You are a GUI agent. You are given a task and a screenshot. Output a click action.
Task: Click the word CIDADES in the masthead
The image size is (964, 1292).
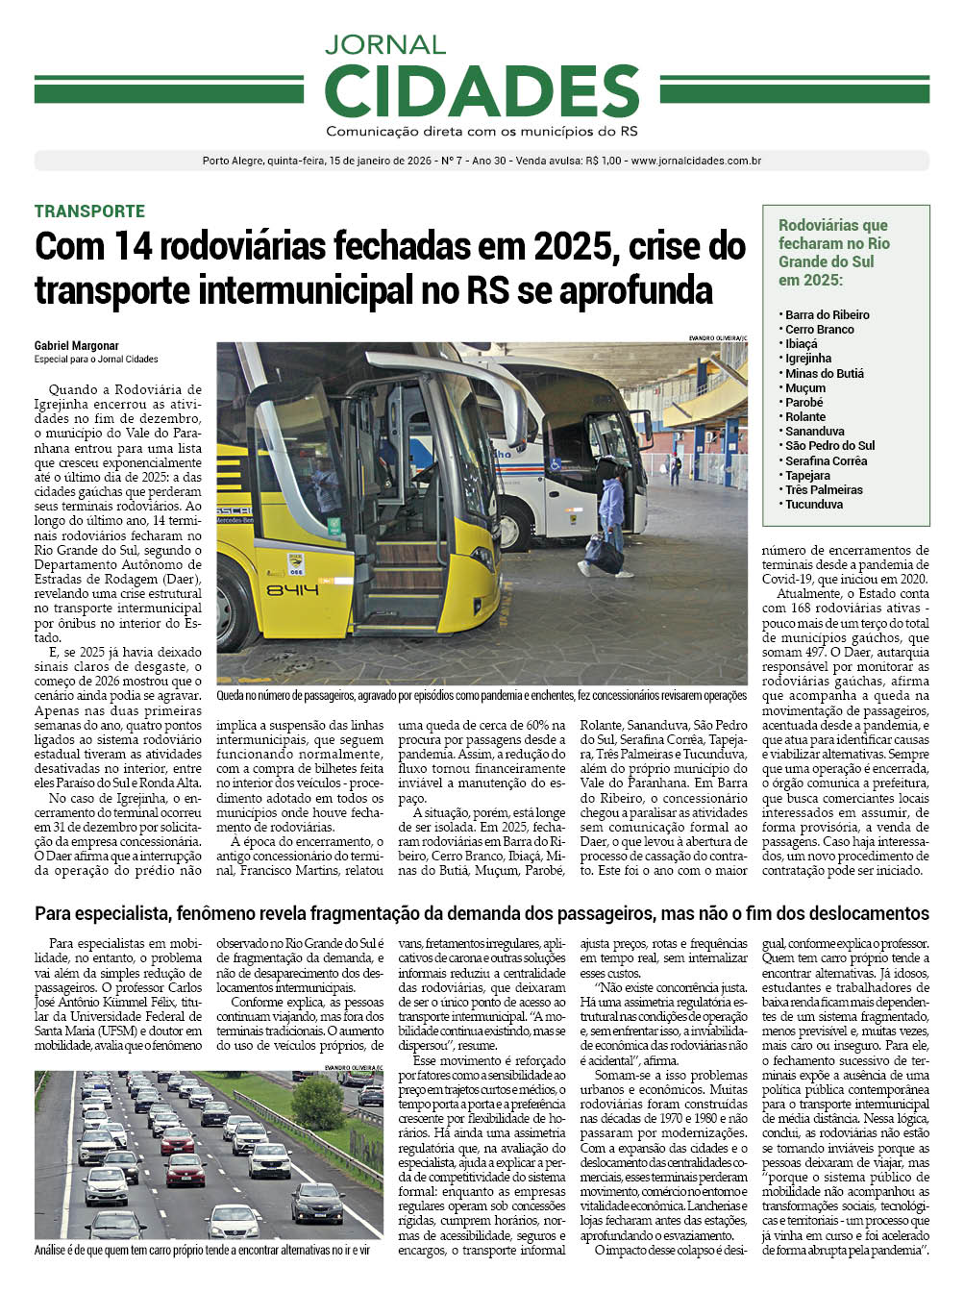coord(482,92)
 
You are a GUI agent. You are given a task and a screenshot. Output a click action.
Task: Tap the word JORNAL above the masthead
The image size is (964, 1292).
coord(384,45)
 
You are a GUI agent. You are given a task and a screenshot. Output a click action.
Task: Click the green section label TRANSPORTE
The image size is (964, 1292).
coord(89,211)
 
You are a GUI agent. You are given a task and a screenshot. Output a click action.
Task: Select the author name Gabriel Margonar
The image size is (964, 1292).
coord(77,346)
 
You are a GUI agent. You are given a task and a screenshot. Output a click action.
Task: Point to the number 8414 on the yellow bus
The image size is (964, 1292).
coord(292,589)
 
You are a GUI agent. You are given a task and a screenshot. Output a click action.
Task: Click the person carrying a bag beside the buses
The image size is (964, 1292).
coord(609,519)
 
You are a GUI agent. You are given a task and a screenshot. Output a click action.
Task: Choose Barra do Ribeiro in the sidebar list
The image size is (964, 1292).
coord(827,314)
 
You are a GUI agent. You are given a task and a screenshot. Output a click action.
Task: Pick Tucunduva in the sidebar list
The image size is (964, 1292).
coord(813,504)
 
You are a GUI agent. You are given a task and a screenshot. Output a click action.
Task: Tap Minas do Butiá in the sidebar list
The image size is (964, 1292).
coord(824,373)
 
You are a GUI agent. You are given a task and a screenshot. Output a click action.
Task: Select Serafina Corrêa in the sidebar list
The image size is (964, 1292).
coord(826,460)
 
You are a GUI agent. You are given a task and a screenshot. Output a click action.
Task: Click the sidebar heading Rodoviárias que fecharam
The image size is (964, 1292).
coord(833,252)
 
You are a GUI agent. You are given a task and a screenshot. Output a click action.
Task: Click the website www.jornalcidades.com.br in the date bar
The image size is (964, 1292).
coord(696,161)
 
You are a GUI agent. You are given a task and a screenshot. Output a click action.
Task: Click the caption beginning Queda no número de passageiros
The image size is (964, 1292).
coord(481,695)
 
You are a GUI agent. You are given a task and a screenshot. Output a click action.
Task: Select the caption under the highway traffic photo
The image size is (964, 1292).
coord(202,1251)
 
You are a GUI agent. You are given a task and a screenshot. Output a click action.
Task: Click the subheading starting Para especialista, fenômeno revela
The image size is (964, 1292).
coord(482,913)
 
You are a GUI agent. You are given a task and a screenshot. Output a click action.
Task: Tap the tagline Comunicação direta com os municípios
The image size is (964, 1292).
coord(482,132)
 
